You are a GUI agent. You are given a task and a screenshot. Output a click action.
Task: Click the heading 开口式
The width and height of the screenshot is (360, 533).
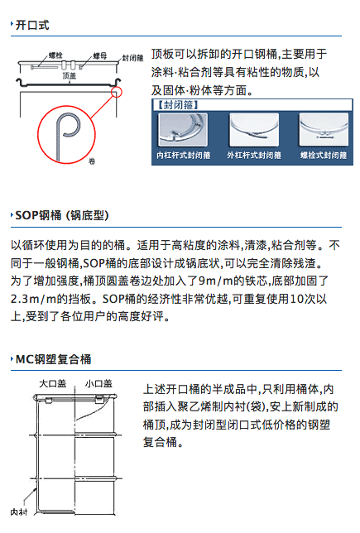tap(32, 25)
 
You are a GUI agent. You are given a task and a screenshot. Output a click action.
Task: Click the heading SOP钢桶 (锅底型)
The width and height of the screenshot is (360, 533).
tap(62, 215)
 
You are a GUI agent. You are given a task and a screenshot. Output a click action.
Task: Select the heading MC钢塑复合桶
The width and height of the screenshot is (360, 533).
tap(53, 359)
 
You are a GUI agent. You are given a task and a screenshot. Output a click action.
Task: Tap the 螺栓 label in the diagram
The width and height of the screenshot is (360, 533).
tap(55, 55)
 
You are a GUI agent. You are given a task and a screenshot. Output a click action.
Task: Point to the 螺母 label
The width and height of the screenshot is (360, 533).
tap(99, 55)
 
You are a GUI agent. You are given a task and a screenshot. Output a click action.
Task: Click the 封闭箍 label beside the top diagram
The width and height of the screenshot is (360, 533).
tap(132, 58)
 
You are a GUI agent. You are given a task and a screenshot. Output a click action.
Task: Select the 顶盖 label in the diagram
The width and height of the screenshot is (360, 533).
tap(69, 75)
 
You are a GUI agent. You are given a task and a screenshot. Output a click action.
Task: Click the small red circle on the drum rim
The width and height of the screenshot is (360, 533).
tap(117, 92)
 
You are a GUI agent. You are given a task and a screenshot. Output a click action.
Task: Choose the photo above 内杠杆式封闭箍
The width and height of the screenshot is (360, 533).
tap(183, 130)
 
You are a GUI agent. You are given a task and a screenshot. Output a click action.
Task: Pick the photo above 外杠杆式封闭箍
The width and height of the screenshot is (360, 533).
tap(254, 130)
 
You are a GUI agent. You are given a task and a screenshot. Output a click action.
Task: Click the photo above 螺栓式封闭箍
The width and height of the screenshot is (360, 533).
tap(324, 130)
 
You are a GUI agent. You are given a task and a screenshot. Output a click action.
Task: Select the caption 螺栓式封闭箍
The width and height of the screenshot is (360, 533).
tap(324, 156)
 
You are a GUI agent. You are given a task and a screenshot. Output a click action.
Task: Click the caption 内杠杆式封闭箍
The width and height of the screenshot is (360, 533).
tap(184, 156)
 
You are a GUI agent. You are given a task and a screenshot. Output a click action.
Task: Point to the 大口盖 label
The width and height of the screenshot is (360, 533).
tap(52, 384)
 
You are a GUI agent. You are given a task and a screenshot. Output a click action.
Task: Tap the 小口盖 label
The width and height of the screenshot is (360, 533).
tap(98, 384)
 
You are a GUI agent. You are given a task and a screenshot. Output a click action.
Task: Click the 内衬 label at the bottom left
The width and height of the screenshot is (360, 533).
tap(19, 511)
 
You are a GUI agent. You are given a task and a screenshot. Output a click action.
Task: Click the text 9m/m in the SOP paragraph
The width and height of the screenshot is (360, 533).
tap(215, 281)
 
